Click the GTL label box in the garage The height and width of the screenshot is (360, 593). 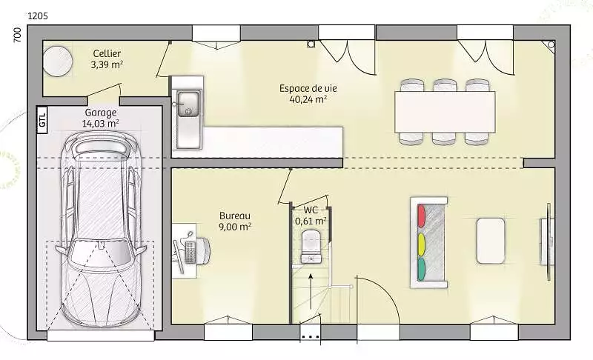pos(42,120)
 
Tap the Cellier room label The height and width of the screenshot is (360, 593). pos(107,53)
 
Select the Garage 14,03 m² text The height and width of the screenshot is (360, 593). pos(101,118)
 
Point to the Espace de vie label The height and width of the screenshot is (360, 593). pos(308,88)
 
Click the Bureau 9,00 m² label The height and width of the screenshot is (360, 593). pos(235,221)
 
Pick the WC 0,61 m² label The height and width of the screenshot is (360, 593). pos(311,216)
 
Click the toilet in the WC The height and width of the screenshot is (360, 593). pos(311,247)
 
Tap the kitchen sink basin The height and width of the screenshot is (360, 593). pos(188,104)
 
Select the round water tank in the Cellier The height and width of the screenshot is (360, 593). pos(58,61)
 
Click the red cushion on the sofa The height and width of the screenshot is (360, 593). pos(421,216)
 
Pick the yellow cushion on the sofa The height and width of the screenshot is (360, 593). pos(421,244)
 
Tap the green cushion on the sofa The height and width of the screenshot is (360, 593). pos(421,269)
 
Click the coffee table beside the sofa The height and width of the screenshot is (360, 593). pos(491,241)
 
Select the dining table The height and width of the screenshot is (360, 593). pos(445,112)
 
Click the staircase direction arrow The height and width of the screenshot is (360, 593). pos(311,292)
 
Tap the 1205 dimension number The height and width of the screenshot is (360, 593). pos(38,16)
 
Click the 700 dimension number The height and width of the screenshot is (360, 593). pos(17,35)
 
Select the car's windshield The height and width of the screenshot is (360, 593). pos(101,255)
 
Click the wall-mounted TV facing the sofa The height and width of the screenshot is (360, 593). pos(549,241)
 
